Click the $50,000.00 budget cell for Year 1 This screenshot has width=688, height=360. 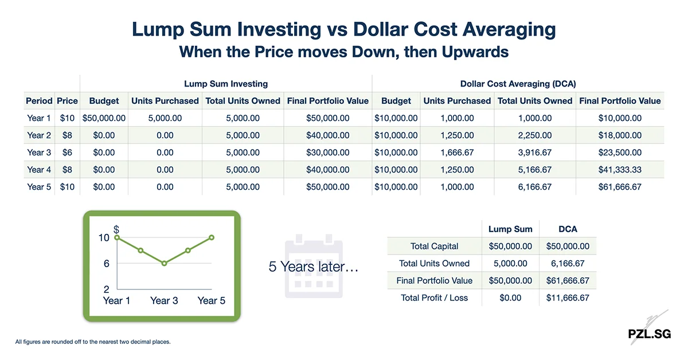click(104, 118)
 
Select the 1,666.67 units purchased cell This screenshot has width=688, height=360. click(457, 152)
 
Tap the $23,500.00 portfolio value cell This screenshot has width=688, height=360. click(620, 152)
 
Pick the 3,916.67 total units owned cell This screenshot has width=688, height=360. click(534, 152)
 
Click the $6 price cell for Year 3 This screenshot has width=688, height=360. click(67, 152)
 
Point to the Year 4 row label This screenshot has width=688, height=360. click(39, 170)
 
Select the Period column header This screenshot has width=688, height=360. click(39, 101)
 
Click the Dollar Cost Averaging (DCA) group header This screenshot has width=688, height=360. click(518, 84)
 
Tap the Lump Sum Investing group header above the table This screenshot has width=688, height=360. click(225, 84)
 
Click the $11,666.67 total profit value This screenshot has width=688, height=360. click(568, 298)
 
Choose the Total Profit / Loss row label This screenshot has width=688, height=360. click(435, 298)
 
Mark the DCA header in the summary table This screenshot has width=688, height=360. click(568, 229)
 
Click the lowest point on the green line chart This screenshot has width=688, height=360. click(165, 264)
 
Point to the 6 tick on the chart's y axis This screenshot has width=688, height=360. click(107, 264)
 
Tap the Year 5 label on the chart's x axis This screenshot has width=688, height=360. click(211, 300)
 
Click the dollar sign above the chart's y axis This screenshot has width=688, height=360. click(116, 229)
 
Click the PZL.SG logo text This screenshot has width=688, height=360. click(648, 334)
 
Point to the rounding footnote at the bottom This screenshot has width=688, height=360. click(93, 342)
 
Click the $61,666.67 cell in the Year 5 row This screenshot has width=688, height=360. click(620, 187)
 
